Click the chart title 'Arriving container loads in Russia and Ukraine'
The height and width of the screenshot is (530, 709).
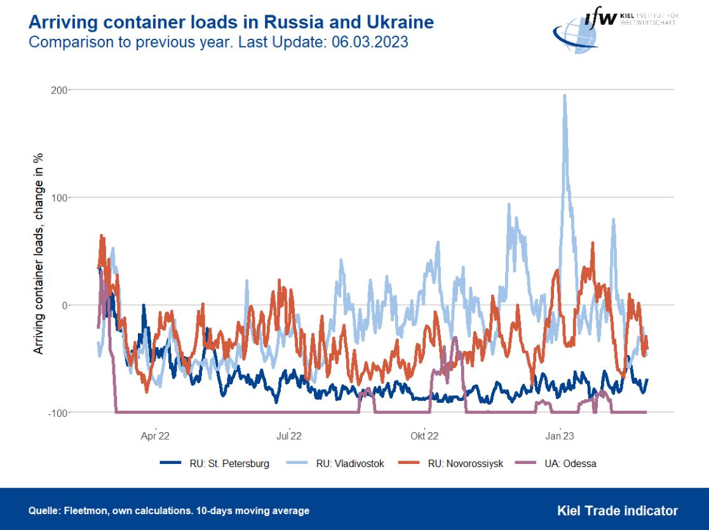(x=231, y=23)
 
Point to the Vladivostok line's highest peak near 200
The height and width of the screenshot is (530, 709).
(x=564, y=96)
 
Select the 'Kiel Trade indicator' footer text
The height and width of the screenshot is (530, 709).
(x=617, y=510)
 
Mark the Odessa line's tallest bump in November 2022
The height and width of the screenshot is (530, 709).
(x=456, y=339)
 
